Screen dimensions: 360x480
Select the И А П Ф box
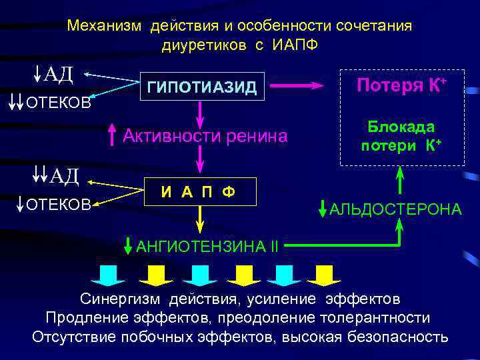coord(198,193)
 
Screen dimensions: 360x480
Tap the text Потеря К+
coord(401,85)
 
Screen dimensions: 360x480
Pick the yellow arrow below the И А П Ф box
coord(199,221)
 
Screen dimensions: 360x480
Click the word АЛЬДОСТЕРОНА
coord(395,209)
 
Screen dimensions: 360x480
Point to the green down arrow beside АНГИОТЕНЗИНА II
coord(129,246)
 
